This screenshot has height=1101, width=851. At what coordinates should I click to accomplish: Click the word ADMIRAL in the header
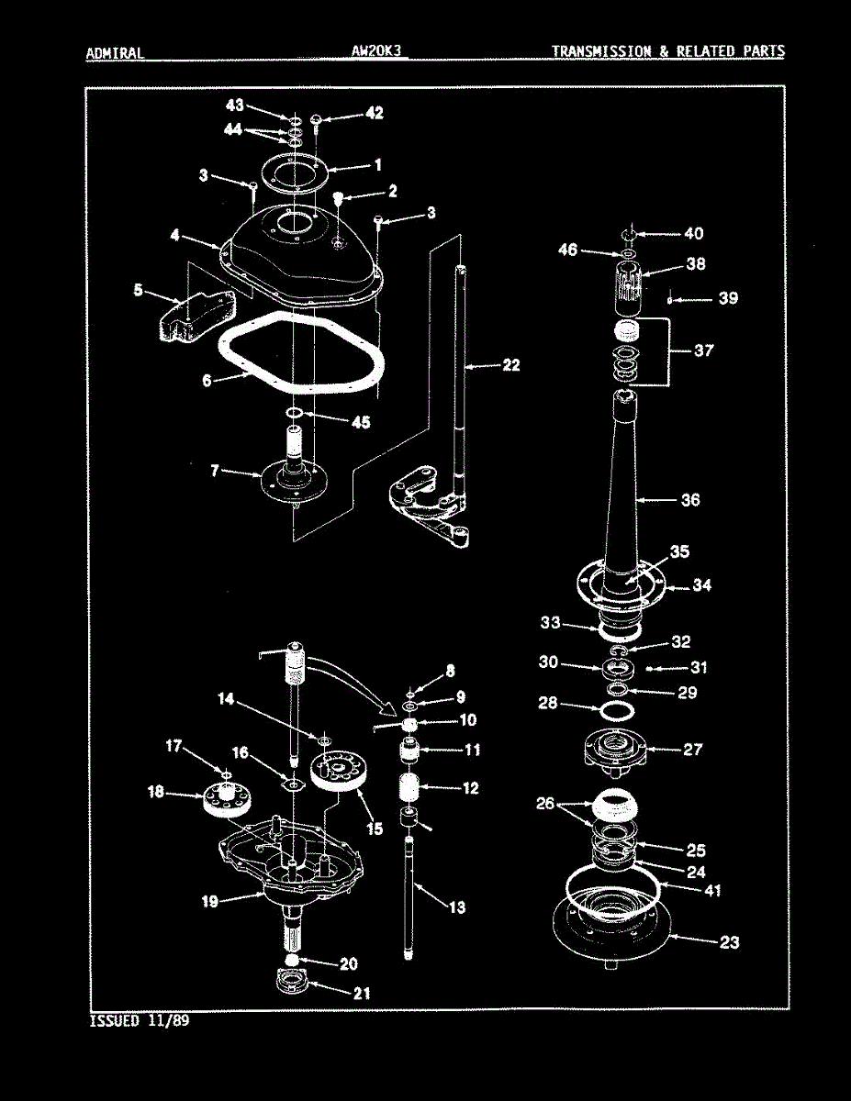tap(115, 52)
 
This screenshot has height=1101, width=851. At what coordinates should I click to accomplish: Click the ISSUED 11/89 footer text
tap(140, 1020)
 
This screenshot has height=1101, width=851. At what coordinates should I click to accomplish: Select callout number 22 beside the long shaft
tap(510, 365)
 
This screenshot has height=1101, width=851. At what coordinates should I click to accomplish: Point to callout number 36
tap(689, 500)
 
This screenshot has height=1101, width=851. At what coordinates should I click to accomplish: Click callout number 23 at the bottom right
tap(729, 942)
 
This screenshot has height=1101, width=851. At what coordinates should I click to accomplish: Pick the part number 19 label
tap(210, 901)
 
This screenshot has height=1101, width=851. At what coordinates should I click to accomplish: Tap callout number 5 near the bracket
tap(138, 290)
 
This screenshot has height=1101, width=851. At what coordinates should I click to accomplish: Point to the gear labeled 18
tap(225, 800)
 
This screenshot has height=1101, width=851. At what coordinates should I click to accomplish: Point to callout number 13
tap(456, 907)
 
